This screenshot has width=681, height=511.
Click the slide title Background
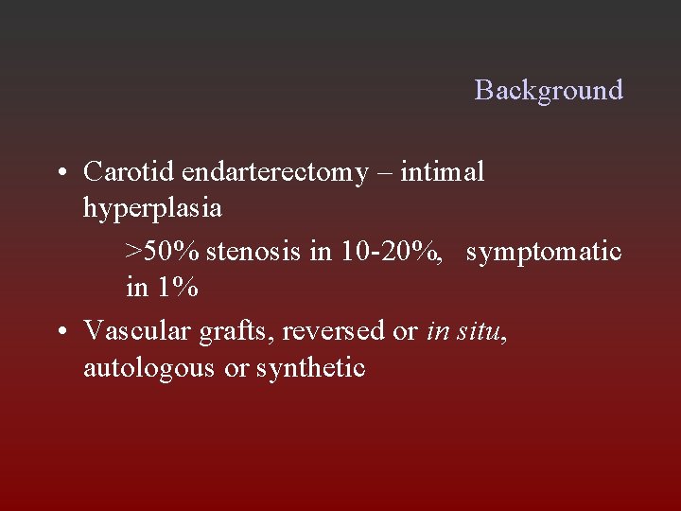click(549, 90)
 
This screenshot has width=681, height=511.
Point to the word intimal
click(443, 172)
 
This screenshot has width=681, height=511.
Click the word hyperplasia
click(152, 207)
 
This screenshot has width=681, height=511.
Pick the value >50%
click(162, 253)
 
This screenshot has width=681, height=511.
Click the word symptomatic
click(544, 253)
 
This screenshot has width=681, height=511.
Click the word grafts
click(226, 332)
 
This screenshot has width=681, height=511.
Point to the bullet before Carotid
click(61, 173)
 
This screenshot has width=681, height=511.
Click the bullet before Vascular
click(61, 332)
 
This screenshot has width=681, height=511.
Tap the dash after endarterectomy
click(384, 173)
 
